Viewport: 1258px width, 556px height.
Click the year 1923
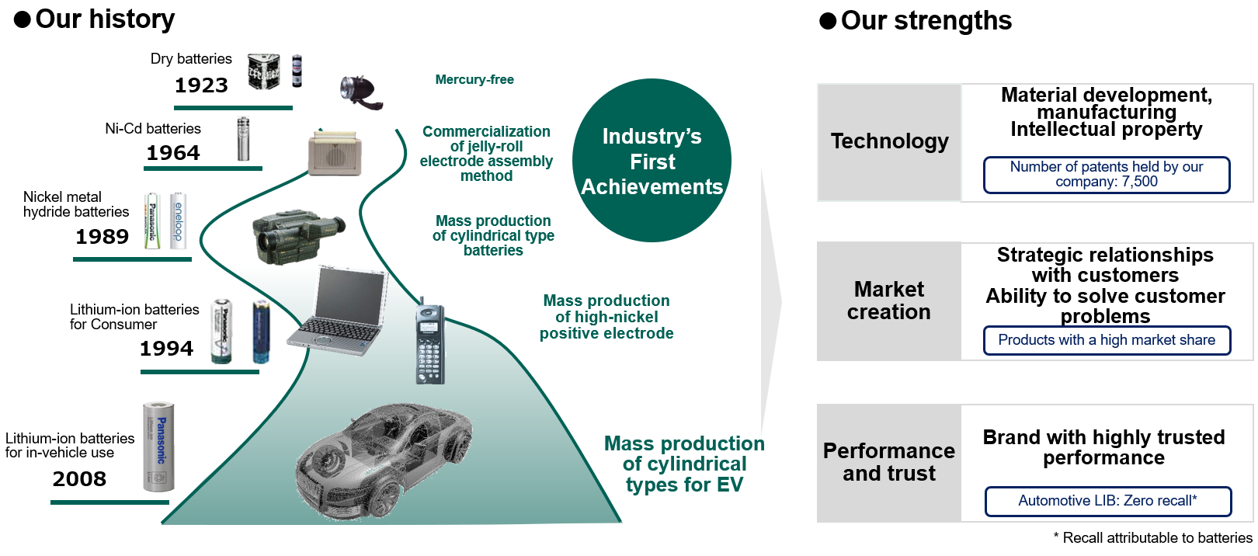(x=201, y=85)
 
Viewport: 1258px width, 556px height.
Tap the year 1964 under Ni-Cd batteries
(x=173, y=152)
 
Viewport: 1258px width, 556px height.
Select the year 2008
(x=79, y=478)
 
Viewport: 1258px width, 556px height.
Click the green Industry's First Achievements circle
(x=652, y=161)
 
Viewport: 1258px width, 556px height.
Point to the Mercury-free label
(x=474, y=79)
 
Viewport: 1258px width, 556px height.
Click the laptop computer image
(x=338, y=311)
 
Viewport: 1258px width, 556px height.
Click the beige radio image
(x=335, y=153)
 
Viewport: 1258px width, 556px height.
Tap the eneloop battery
(x=179, y=221)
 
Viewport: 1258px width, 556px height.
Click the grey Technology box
(x=889, y=142)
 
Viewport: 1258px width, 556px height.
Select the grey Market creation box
(x=889, y=301)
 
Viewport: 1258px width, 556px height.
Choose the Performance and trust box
(x=889, y=462)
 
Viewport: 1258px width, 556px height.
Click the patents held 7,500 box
(x=1106, y=175)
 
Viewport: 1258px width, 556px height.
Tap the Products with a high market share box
(x=1107, y=340)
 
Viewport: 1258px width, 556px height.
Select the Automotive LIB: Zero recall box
(x=1107, y=501)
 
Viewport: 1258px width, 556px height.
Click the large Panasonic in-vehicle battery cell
(x=159, y=447)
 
